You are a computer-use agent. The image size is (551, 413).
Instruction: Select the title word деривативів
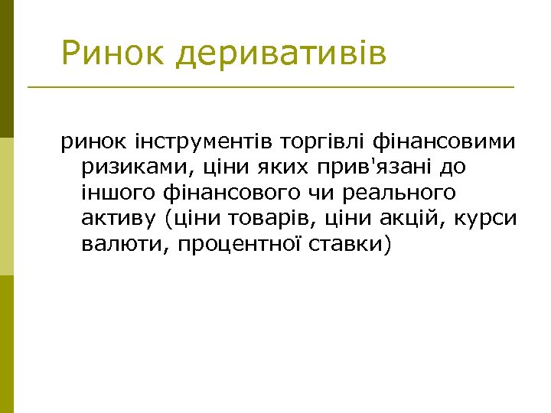[x=281, y=55]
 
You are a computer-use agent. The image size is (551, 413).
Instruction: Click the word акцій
[x=401, y=218]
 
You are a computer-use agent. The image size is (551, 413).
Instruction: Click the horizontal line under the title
[x=271, y=87]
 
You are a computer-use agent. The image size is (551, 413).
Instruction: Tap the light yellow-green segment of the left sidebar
[x=7, y=206]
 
